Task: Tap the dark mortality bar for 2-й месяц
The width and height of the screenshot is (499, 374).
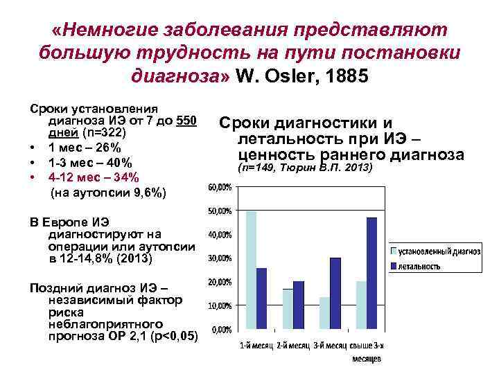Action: pos(298,305)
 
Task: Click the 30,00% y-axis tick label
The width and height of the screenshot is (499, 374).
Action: pos(220,258)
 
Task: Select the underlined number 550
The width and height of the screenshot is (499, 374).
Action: pos(187,122)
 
